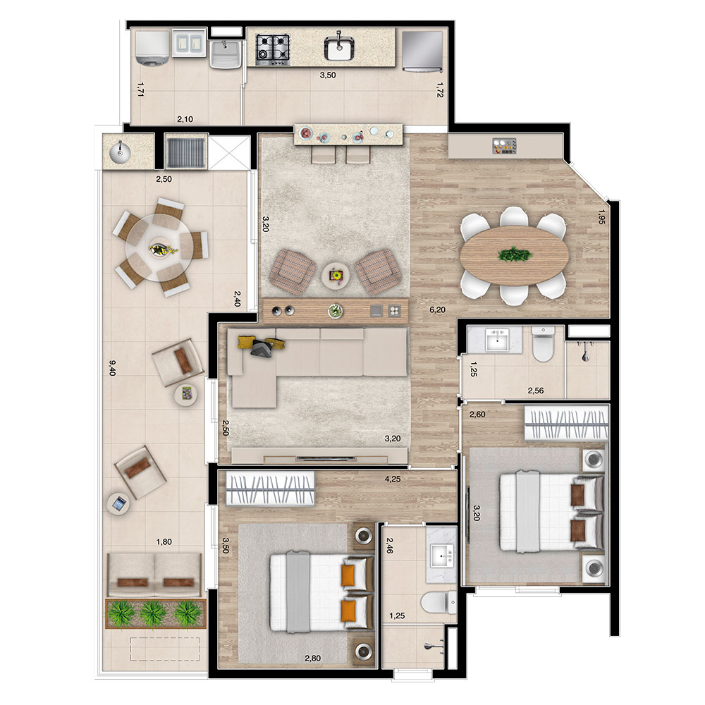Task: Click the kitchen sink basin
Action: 338,48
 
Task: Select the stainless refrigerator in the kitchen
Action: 422,51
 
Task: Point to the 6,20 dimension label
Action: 438,309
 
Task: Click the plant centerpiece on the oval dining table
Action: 515,255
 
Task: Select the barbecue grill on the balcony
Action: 185,151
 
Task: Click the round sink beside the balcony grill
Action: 120,152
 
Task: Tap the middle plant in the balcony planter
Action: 153,613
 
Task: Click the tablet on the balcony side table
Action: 119,503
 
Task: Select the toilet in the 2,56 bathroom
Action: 543,344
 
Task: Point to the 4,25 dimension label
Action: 393,479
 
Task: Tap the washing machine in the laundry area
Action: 152,48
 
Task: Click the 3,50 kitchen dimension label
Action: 328,75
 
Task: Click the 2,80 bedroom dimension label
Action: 313,658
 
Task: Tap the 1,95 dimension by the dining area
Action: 601,217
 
